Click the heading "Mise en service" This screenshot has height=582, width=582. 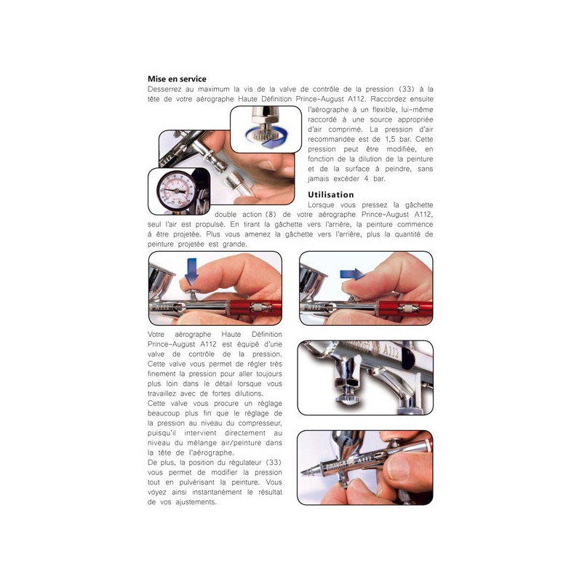[177, 79]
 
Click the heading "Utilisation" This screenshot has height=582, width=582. [331, 194]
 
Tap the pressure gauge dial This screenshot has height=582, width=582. [176, 191]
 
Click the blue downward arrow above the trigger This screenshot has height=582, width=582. [191, 271]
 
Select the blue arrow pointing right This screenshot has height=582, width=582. [353, 274]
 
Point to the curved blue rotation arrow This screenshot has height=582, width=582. [266, 137]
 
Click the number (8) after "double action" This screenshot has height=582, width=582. [271, 215]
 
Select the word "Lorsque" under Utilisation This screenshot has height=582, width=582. [321, 205]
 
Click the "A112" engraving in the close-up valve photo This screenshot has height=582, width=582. [391, 351]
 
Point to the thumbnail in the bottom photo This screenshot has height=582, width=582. [398, 466]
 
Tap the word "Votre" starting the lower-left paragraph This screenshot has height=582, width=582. [156, 335]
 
